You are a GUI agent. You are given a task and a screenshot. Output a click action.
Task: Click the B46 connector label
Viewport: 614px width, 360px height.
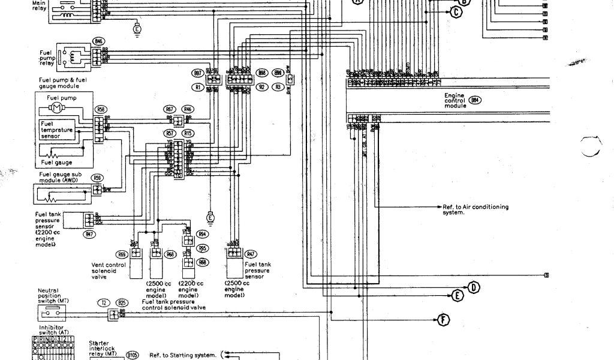[98, 41]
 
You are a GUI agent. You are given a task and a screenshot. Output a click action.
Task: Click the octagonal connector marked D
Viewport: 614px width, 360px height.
[474, 287]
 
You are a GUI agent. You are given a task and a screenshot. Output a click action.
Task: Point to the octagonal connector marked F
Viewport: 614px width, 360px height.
[444, 319]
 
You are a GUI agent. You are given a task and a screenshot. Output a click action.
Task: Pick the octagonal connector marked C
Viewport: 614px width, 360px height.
[456, 11]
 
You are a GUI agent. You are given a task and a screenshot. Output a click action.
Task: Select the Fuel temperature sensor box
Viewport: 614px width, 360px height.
[56, 130]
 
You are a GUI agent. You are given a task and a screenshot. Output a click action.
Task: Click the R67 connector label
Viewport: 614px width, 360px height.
[170, 109]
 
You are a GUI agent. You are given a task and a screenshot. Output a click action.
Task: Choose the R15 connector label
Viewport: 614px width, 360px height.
[188, 133]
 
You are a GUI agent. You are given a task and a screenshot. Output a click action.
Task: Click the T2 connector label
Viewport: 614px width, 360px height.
[104, 304]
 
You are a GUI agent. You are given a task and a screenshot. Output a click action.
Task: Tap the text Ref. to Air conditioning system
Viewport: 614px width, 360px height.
[475, 209]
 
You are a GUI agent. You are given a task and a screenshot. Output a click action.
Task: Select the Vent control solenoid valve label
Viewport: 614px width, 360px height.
[108, 271]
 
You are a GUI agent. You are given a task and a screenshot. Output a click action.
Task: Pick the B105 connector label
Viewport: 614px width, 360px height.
[132, 355]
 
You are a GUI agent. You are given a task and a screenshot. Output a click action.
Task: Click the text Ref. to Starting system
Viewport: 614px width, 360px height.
[182, 355]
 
